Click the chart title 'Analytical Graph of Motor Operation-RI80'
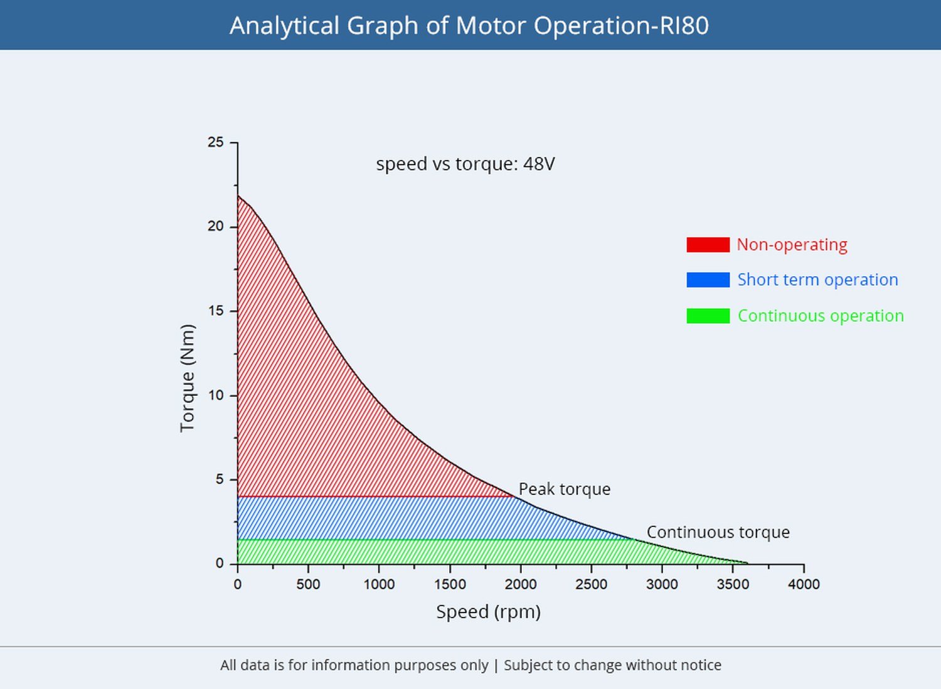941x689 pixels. (469, 26)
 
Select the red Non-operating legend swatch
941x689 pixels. (708, 245)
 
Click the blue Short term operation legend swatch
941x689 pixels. (708, 280)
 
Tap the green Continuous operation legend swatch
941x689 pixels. (708, 316)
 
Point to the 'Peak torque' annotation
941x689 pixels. (564, 489)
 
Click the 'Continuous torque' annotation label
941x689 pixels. (718, 532)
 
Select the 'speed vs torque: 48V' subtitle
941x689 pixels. (465, 163)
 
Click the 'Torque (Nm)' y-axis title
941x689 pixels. (188, 378)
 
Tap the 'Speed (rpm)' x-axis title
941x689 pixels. (488, 612)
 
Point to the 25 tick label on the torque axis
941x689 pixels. (216, 142)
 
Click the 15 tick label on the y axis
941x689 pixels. (216, 311)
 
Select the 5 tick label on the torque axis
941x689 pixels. (220, 479)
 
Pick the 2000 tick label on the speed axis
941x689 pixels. (521, 584)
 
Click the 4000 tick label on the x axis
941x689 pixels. (804, 584)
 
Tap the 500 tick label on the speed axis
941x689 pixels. (308, 584)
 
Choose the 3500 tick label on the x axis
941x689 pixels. (733, 584)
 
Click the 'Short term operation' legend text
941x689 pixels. (818, 280)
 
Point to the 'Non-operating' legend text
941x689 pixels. (792, 245)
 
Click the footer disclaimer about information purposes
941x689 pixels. (470, 665)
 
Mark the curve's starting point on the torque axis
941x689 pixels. (238, 195)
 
